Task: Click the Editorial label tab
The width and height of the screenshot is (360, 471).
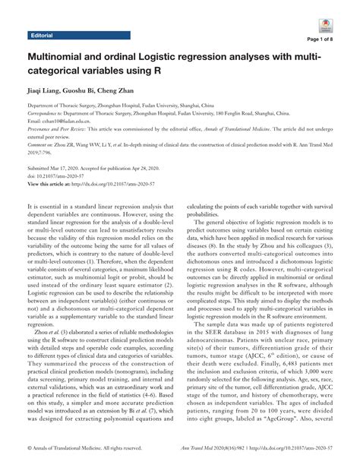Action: tap(44, 36)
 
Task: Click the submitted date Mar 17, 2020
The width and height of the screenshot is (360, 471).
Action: tap(82, 169)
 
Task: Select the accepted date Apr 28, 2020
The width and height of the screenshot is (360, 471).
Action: tap(156, 169)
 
